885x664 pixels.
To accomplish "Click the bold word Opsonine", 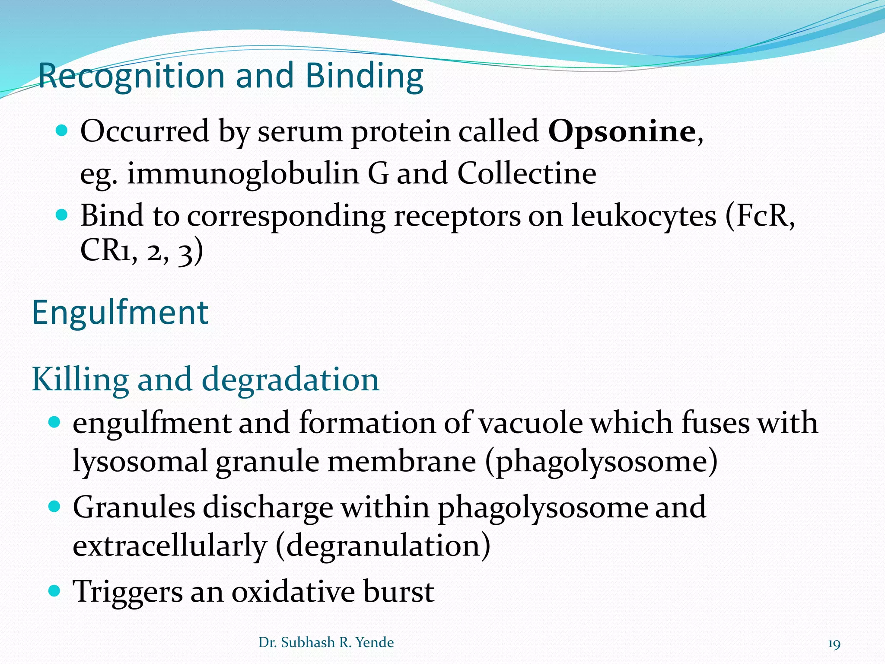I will (x=622, y=132).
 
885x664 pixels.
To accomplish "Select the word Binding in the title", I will (x=364, y=76).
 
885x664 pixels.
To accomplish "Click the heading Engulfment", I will (x=120, y=313).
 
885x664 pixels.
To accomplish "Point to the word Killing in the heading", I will (x=80, y=379).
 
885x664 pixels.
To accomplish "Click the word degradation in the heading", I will (x=290, y=379).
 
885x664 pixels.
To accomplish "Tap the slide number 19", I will (x=834, y=644).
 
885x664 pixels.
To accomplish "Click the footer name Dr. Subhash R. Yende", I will (x=326, y=642).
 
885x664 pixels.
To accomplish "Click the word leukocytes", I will (x=644, y=216).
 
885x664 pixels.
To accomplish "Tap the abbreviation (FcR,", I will (x=760, y=216).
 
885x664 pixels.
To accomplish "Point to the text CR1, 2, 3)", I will (x=141, y=251).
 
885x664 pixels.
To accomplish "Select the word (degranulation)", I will (x=383, y=546).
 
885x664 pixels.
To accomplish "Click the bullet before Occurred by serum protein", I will (x=62, y=130).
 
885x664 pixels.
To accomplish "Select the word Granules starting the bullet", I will (x=134, y=508).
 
